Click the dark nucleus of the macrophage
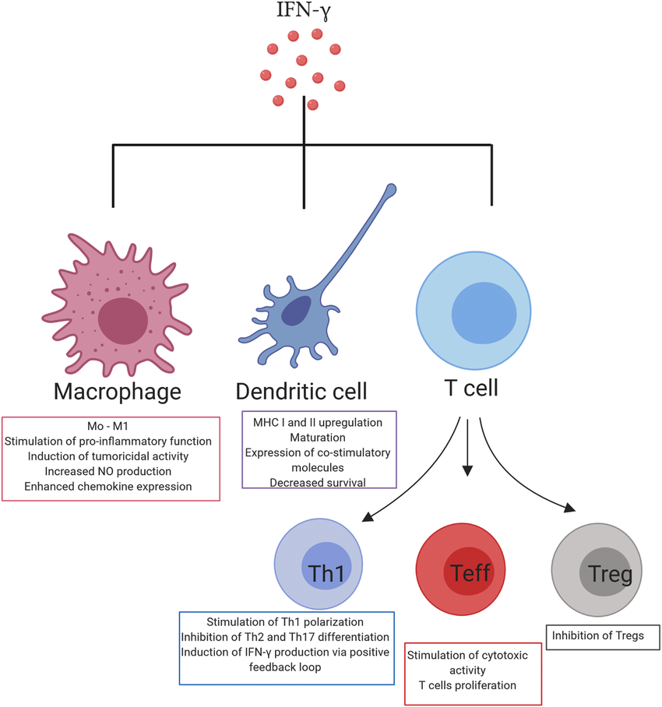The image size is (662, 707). [122, 320]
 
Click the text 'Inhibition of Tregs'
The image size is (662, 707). [598, 635]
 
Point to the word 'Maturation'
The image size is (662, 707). [319, 437]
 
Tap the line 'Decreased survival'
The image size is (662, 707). [319, 482]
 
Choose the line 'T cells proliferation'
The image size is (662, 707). [473, 685]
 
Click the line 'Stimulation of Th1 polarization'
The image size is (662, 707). [286, 621]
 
